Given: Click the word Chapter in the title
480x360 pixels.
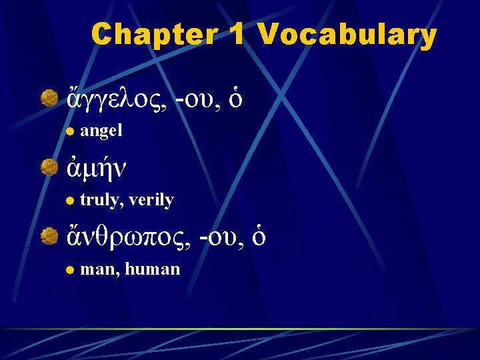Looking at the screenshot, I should (151, 35).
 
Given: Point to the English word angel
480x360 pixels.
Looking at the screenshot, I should (101, 131).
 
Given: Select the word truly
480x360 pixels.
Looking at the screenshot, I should (99, 200).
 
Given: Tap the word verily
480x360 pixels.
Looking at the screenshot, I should (151, 200).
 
